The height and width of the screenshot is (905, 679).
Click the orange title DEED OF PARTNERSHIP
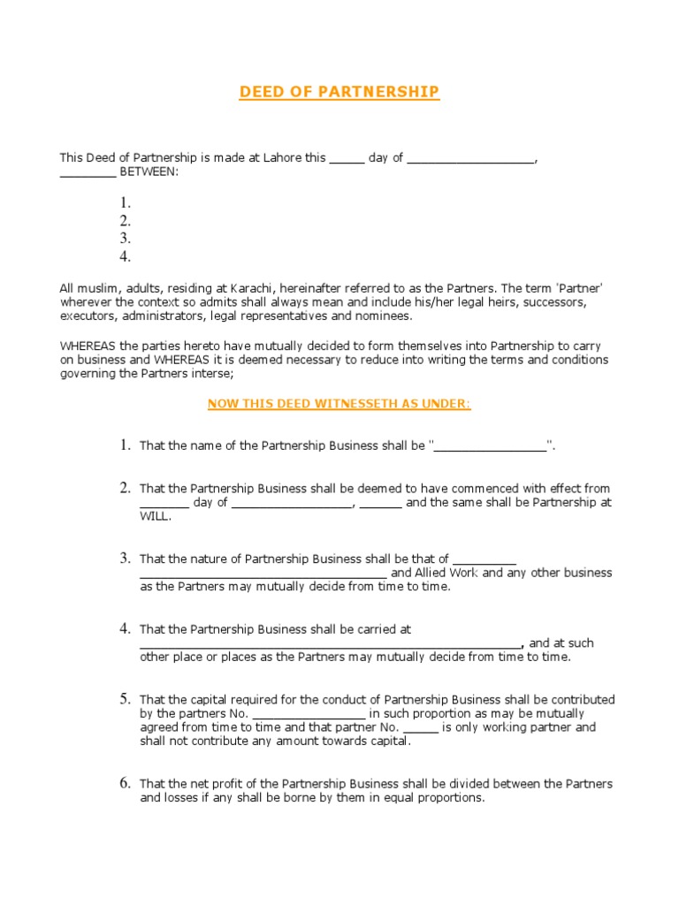point(339,93)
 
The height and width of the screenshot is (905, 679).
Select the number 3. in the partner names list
point(126,239)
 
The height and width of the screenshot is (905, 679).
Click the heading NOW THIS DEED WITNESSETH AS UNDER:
point(339,404)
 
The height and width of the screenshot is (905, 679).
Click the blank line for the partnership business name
point(491,447)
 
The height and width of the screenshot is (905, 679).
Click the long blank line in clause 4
point(331,644)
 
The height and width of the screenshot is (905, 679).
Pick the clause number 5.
point(126,699)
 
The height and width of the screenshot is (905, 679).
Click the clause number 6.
point(126,783)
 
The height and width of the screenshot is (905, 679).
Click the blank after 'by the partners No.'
point(309,714)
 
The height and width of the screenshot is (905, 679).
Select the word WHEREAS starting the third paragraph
point(87,346)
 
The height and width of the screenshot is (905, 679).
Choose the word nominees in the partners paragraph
point(385,316)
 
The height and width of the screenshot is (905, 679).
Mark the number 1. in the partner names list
point(126,203)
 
